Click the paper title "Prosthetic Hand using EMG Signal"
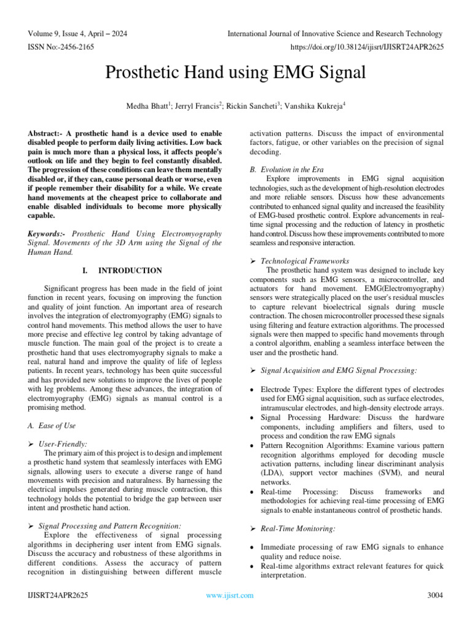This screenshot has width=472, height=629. tap(235, 73)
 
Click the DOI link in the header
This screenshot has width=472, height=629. tap(361, 47)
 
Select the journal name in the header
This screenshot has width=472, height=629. tap(334, 34)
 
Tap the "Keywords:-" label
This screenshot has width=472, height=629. tap(49, 234)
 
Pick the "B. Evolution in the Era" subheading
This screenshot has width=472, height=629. tap(283, 169)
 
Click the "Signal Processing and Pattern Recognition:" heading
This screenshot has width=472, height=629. tap(109, 526)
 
